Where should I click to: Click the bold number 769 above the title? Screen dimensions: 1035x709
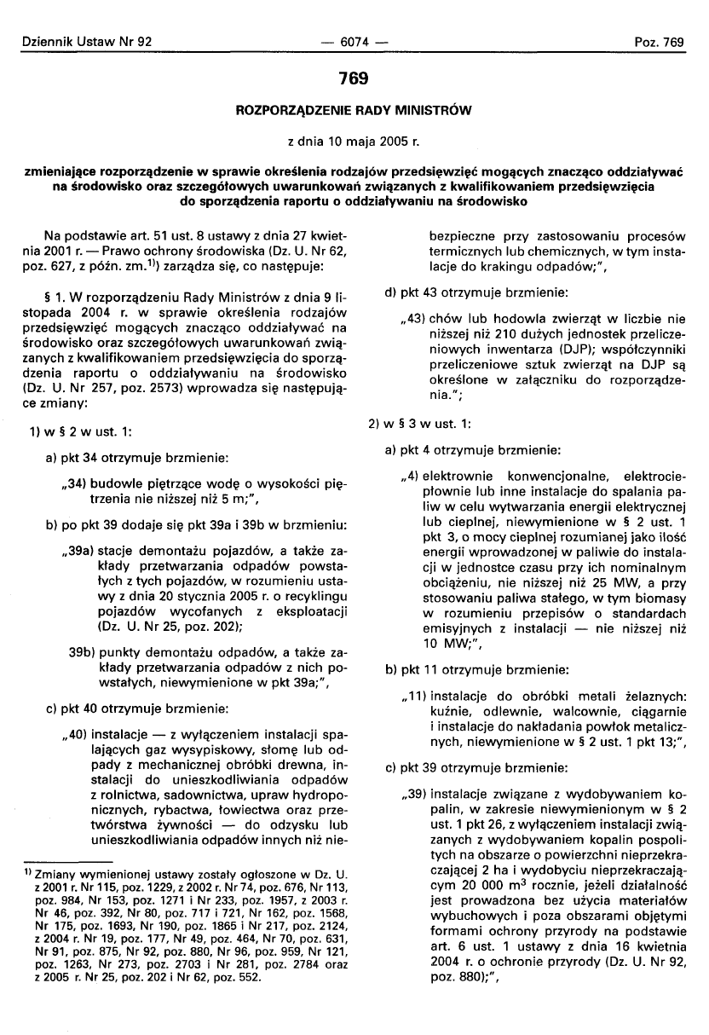(353, 78)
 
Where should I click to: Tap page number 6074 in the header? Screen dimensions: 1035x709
(353, 41)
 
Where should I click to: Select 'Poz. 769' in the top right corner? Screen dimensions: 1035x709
(661, 41)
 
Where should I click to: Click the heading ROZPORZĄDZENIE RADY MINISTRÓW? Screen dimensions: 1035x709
(353, 110)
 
